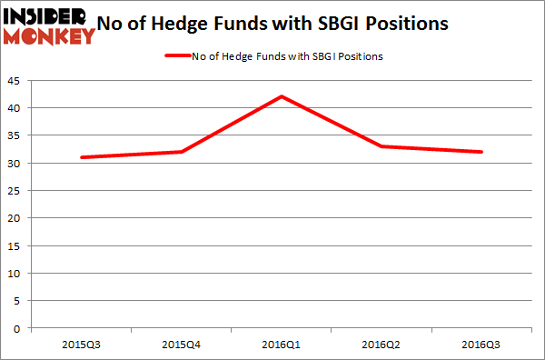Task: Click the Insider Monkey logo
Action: point(49,25)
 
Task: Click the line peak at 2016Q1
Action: point(282,96)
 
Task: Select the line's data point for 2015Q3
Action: point(81,157)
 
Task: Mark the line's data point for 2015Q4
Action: point(182,152)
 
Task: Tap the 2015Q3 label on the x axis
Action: point(81,345)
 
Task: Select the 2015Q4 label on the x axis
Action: point(182,345)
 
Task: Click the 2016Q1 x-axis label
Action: point(282,345)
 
